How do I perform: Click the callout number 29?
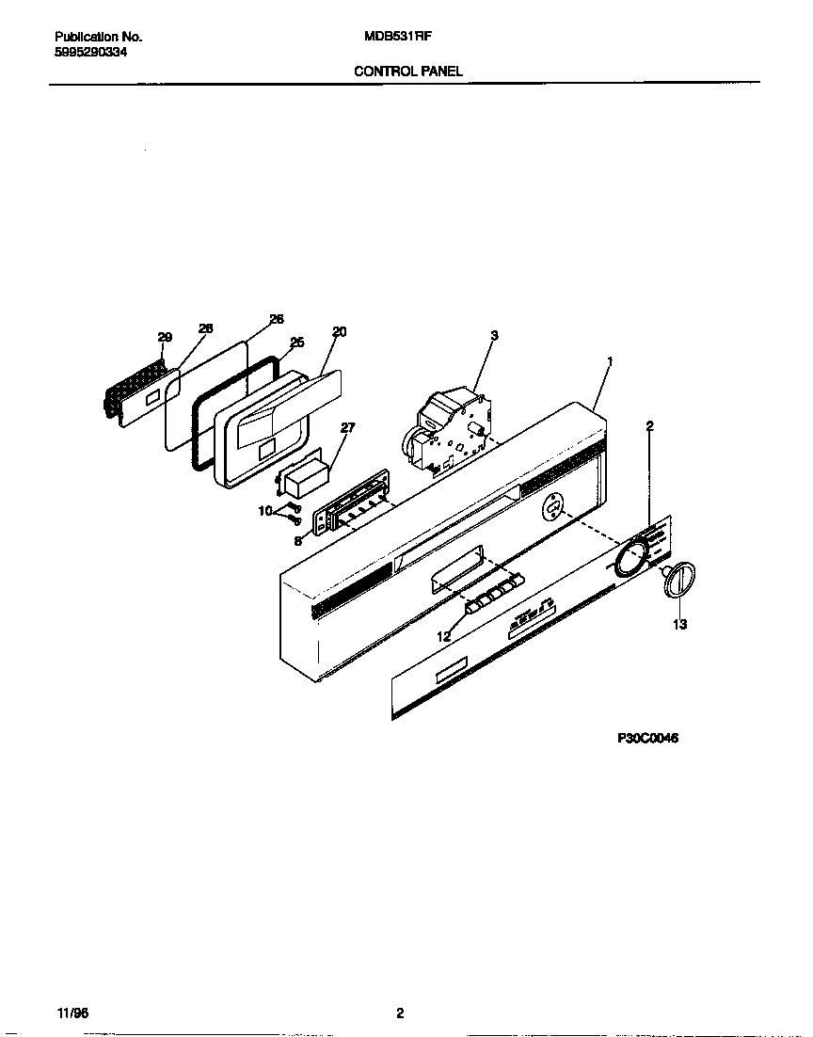coord(165,337)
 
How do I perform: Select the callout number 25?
coord(296,343)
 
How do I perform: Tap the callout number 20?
coord(339,331)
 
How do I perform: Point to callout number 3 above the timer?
coord(494,335)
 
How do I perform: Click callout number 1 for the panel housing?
coord(610,360)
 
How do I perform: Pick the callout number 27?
coord(347,427)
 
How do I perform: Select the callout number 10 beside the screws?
coord(265,510)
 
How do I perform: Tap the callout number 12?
coord(443,637)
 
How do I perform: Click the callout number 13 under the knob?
coord(679,624)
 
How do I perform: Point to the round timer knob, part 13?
coord(678,578)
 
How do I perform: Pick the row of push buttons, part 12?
coord(490,598)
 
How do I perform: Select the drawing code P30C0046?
coord(647,739)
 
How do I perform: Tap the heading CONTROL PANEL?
coord(407,72)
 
